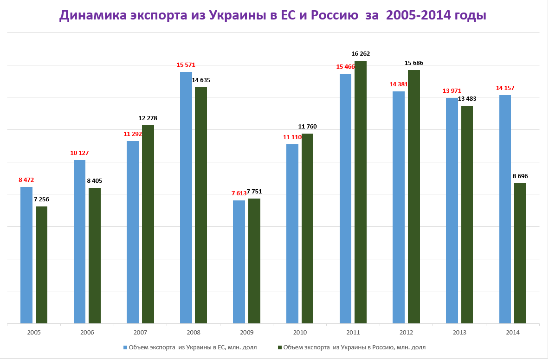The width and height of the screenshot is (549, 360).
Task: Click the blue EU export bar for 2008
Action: click(x=186, y=198)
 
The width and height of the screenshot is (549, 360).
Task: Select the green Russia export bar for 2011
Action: click(x=361, y=192)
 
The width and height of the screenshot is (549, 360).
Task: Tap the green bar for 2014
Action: click(x=520, y=253)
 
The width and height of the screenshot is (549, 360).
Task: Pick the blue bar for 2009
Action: click(x=239, y=262)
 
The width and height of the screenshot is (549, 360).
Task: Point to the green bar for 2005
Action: click(x=42, y=265)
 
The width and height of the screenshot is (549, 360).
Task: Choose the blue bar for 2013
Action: click(x=452, y=211)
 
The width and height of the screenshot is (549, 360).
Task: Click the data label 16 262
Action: click(x=361, y=54)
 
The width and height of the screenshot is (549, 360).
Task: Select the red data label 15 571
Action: click(x=186, y=65)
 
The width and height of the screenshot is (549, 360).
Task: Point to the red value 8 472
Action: click(x=26, y=180)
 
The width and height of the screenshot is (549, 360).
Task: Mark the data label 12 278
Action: click(x=148, y=118)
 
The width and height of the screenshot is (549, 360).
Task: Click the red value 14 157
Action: click(x=505, y=88)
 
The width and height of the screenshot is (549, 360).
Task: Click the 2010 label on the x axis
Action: click(x=300, y=333)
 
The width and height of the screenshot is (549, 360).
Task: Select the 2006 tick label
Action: click(x=87, y=333)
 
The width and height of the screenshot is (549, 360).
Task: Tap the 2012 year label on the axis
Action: click(x=406, y=333)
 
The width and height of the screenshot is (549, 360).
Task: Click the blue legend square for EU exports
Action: click(x=125, y=347)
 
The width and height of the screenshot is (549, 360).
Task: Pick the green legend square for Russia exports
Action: click(x=279, y=347)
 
